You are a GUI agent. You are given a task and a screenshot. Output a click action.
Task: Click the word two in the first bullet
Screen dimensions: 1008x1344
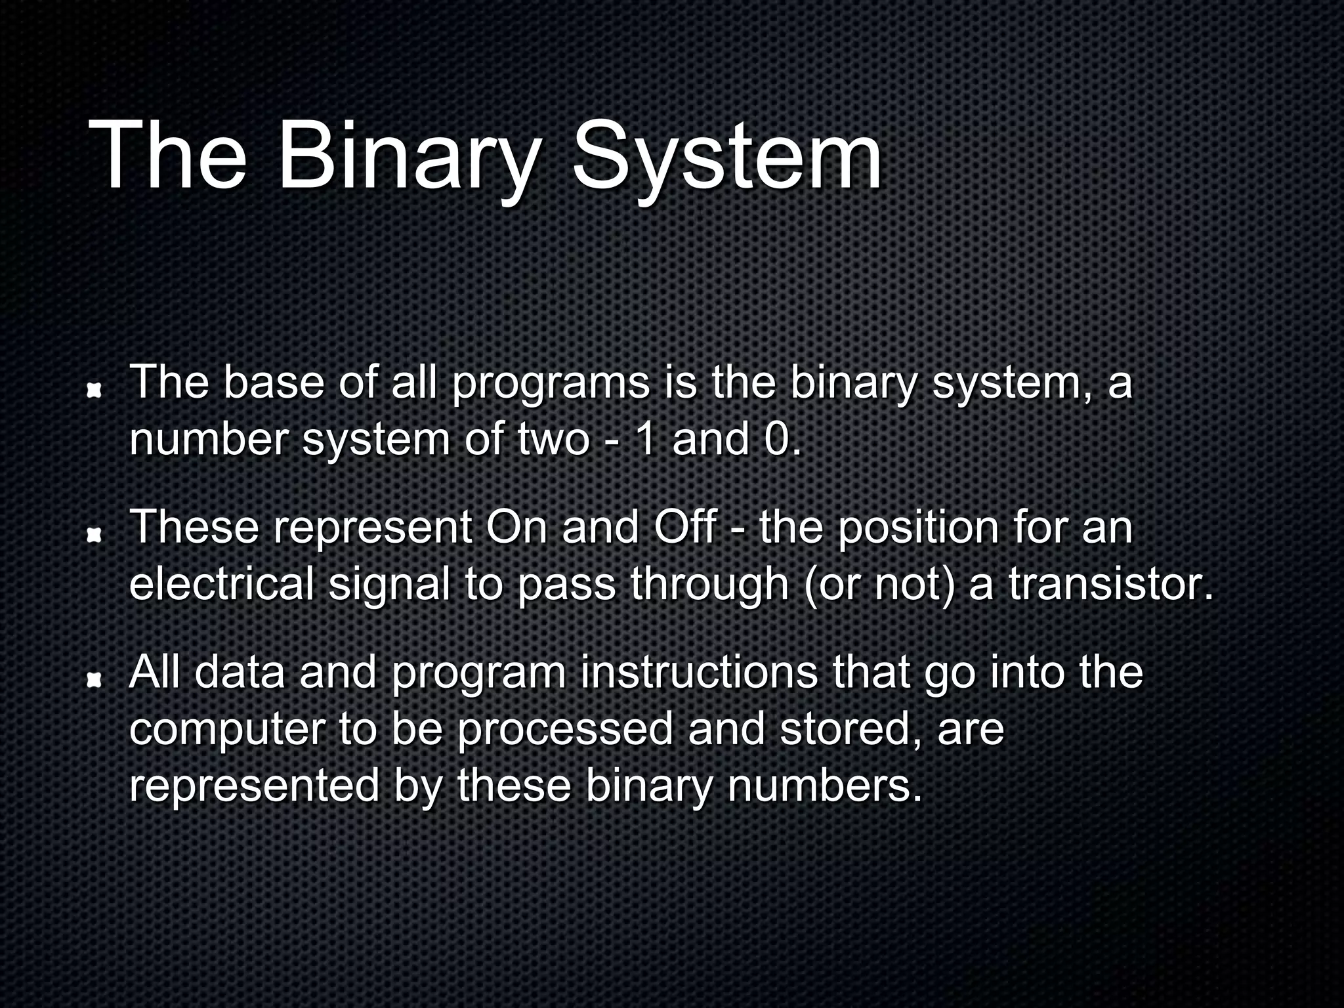click(x=553, y=439)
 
